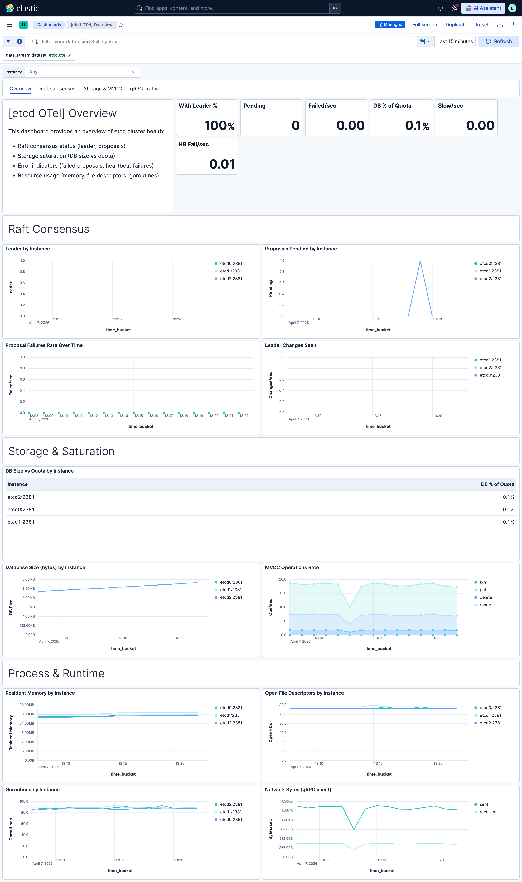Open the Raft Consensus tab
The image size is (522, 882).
click(57, 88)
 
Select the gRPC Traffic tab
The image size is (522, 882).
click(144, 88)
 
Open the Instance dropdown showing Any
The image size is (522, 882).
click(83, 72)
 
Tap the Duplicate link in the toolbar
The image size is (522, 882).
click(456, 25)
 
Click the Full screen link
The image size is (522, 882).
click(424, 25)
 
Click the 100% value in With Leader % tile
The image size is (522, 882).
click(219, 125)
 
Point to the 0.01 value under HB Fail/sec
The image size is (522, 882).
click(222, 164)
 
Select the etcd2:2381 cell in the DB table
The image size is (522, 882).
click(21, 497)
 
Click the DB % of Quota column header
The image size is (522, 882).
click(497, 484)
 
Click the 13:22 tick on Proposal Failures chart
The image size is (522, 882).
click(244, 416)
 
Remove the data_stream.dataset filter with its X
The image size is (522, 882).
click(70, 55)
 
